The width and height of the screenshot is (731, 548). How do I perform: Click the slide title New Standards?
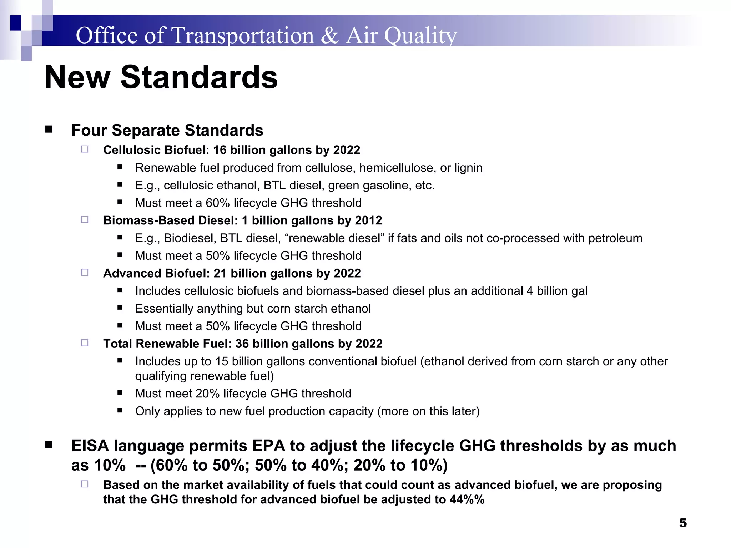click(161, 77)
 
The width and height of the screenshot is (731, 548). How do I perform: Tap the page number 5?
click(683, 523)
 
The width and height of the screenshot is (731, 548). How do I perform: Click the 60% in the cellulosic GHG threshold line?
click(217, 203)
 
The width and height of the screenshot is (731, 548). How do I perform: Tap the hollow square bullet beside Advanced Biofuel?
click(85, 273)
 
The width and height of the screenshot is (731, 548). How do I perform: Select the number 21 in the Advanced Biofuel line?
click(220, 273)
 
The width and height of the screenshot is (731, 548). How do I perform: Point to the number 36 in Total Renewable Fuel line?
click(242, 344)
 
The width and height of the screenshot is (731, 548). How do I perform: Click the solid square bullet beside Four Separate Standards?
click(49, 130)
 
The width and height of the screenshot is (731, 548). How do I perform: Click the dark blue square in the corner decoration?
click(15, 23)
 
